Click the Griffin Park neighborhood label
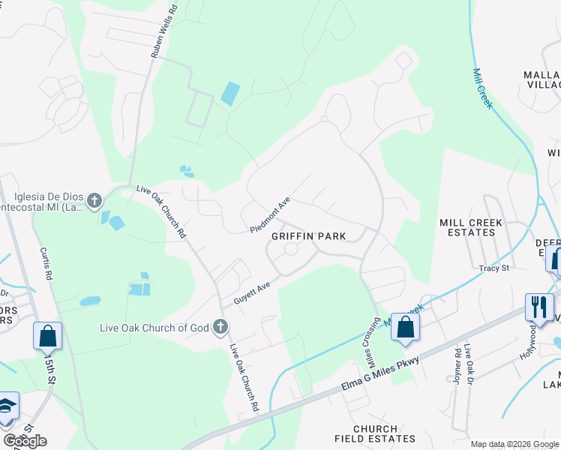tap(308, 236)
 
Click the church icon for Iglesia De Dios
tap(94, 200)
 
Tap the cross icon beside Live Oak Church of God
tap(220, 326)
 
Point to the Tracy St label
tap(494, 268)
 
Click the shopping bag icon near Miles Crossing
tap(405, 327)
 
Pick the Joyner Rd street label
tap(457, 363)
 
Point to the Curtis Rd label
tap(46, 267)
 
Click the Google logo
tap(25, 440)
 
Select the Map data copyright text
tap(514, 444)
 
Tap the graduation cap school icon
tap(6, 406)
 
